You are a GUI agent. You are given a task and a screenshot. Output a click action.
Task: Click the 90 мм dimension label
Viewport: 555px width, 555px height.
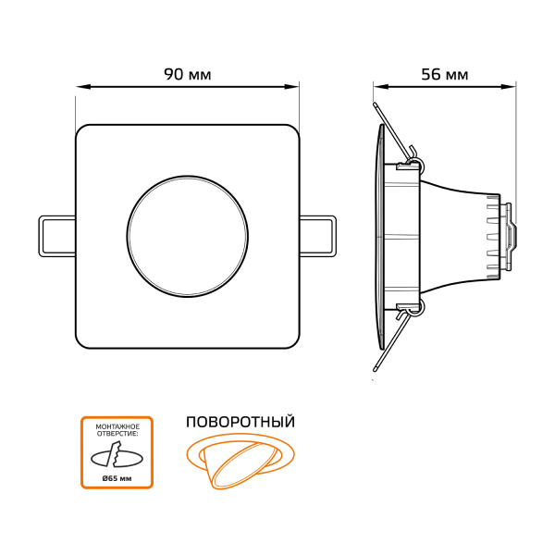(188, 74)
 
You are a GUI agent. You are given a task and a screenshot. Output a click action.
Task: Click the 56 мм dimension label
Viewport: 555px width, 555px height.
(445, 74)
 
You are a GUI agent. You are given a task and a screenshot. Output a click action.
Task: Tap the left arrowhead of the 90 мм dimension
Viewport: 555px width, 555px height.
(83, 86)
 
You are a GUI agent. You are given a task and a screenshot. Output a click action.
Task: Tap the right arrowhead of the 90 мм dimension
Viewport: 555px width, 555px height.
(292, 86)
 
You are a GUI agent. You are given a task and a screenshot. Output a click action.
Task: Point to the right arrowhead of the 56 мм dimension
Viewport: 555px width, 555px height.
(508, 86)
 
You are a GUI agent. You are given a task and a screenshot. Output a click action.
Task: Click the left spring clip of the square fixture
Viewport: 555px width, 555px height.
(57, 236)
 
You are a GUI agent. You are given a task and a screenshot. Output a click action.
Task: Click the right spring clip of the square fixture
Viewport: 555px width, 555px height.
(318, 236)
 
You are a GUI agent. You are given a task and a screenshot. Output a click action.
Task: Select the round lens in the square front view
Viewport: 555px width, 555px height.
(188, 236)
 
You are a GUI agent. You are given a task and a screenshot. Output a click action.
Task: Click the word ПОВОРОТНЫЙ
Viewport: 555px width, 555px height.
(240, 423)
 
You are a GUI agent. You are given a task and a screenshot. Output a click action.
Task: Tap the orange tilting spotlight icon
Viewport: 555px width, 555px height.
(240, 461)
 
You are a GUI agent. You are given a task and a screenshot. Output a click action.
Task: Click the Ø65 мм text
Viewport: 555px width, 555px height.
(117, 478)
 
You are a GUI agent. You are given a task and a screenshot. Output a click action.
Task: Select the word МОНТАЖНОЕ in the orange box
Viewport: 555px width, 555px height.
(117, 426)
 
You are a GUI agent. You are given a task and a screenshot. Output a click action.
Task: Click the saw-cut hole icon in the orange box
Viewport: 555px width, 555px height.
(117, 456)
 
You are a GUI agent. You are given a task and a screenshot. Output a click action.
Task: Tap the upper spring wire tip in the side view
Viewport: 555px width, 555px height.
(375, 105)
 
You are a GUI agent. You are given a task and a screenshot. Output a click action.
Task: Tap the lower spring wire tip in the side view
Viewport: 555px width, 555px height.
(375, 369)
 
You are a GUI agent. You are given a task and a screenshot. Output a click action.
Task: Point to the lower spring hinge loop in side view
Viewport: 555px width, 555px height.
(416, 307)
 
